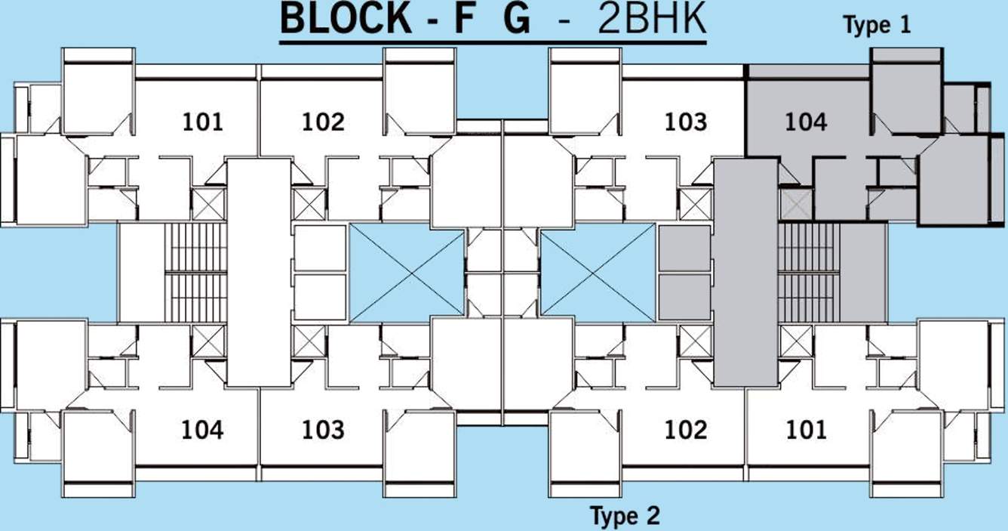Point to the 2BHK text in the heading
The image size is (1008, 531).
pyautogui.click(x=652, y=20)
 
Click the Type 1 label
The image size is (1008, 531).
pyautogui.click(x=877, y=26)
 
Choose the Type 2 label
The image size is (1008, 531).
pyautogui.click(x=625, y=517)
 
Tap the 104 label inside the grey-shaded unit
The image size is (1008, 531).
pyautogui.click(x=806, y=122)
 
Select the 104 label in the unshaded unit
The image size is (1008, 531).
pyautogui.click(x=202, y=430)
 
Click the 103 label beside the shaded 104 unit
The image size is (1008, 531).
pyautogui.click(x=685, y=122)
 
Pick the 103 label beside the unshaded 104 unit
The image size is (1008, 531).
pyautogui.click(x=323, y=430)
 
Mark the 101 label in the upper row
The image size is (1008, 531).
pyautogui.click(x=202, y=122)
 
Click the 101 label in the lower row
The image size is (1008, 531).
pyautogui.click(x=806, y=430)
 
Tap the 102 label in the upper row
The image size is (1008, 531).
pyautogui.click(x=323, y=122)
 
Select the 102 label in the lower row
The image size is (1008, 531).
pyautogui.click(x=685, y=430)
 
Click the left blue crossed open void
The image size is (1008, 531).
pyautogui.click(x=407, y=272)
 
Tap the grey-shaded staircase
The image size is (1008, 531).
pyautogui.click(x=809, y=272)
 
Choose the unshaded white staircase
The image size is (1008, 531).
pyautogui.click(x=195, y=272)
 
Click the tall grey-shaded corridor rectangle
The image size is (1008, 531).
pyautogui.click(x=745, y=272)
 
